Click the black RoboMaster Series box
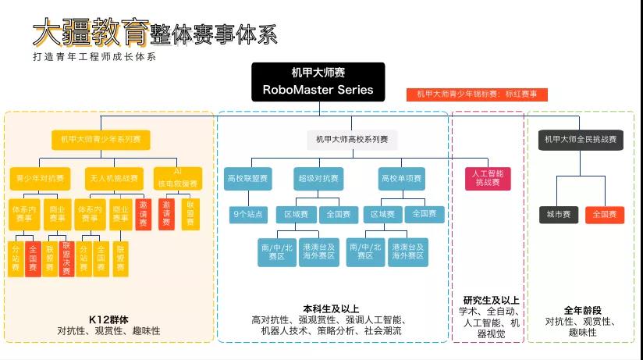coord(318,82)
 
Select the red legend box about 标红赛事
coord(476,94)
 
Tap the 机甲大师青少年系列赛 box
coord(101,140)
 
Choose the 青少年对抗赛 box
coord(40,178)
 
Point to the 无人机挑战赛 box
coord(112,178)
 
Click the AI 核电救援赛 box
coord(177,178)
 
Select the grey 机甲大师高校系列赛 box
coord(352,140)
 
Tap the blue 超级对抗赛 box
coord(318,178)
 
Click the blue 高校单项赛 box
coord(401,178)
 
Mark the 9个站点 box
coord(250,213)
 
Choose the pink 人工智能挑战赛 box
coord(488,177)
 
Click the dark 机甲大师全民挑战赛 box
coord(581,140)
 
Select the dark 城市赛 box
coord(559,214)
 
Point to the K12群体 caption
coord(108,319)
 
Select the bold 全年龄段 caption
coord(581,310)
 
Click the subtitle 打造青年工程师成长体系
coord(94,57)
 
